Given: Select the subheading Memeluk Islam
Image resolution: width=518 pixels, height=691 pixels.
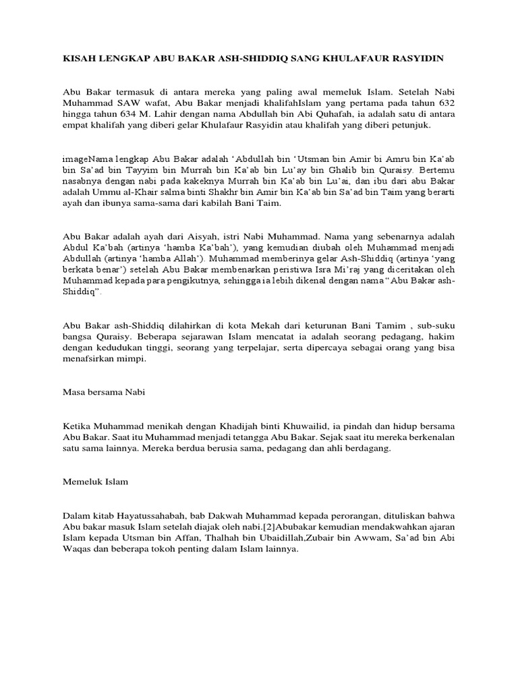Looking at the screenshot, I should click(95, 482).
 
